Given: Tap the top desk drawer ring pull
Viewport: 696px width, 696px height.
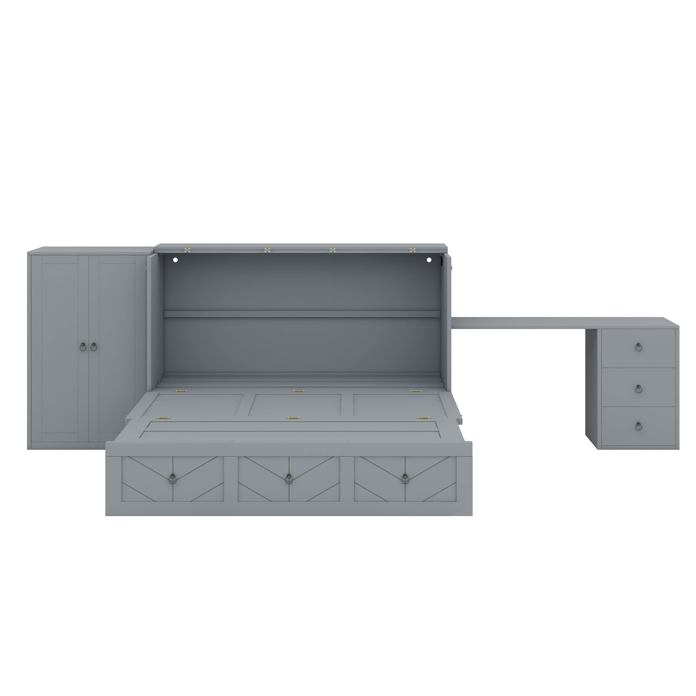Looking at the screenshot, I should (x=638, y=347).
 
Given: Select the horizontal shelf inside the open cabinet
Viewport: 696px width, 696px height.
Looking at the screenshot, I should (x=302, y=314).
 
